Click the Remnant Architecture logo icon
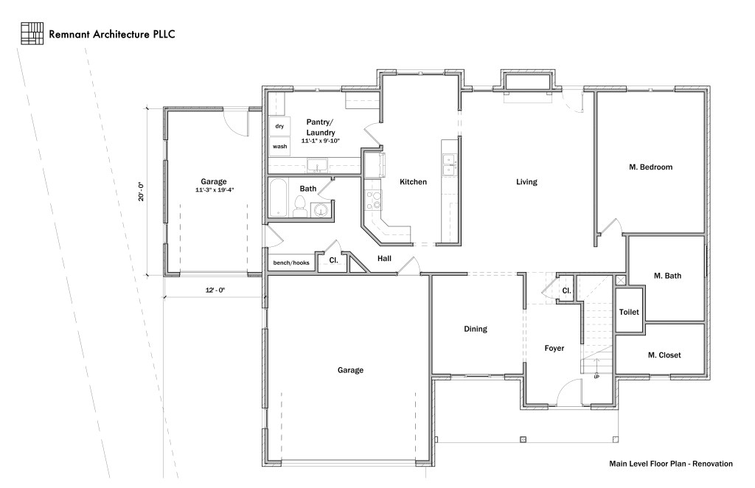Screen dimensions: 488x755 32,33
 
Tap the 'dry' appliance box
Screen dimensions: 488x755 279,127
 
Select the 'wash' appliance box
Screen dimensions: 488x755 279,147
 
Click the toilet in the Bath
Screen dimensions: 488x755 300,211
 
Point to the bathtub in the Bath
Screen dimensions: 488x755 279,198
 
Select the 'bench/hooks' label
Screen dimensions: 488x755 291,262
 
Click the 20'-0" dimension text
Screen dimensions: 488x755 140,192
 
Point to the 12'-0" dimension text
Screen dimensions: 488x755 213,290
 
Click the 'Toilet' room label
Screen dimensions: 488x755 629,312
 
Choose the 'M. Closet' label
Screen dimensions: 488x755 664,355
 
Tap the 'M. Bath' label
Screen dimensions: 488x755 667,276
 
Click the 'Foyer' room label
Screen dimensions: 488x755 554,348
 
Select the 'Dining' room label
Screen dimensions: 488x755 476,330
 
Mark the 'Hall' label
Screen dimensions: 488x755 384,259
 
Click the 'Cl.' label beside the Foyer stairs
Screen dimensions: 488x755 566,290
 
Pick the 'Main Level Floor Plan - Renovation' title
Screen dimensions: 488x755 670,464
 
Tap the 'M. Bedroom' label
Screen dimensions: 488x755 650,167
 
